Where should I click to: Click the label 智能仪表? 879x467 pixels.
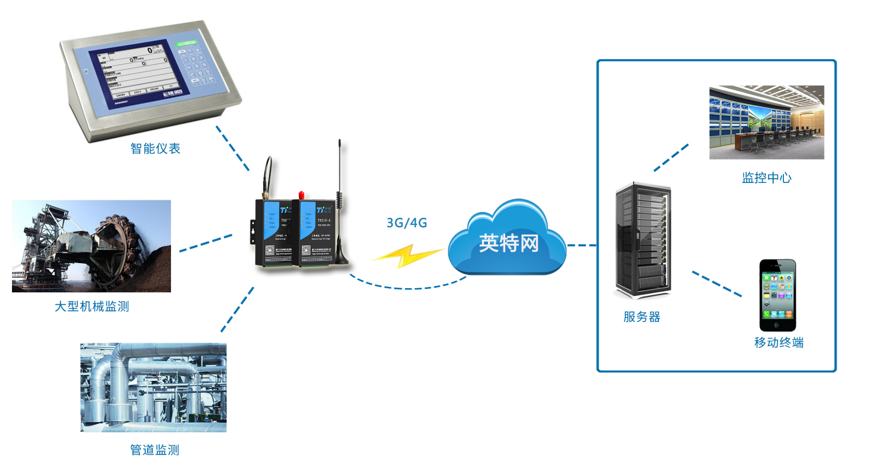(x=155, y=148)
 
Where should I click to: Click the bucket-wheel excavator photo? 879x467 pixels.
(x=91, y=246)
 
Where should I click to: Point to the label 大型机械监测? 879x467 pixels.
(x=91, y=307)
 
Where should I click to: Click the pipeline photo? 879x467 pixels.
(x=154, y=387)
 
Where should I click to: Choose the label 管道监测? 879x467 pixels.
(x=155, y=450)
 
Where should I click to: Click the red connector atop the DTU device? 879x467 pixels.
(x=301, y=195)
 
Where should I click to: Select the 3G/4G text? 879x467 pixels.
(x=407, y=223)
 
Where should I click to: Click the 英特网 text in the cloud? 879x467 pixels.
(x=508, y=243)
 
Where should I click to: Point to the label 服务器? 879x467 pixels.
(x=642, y=317)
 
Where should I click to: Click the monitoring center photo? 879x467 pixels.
(x=767, y=122)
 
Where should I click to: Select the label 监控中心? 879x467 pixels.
(x=767, y=178)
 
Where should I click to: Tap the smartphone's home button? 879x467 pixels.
(x=777, y=325)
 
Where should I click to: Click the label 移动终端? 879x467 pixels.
(x=779, y=343)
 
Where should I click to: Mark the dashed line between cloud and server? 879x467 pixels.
(x=582, y=245)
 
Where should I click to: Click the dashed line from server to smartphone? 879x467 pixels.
(x=716, y=284)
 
